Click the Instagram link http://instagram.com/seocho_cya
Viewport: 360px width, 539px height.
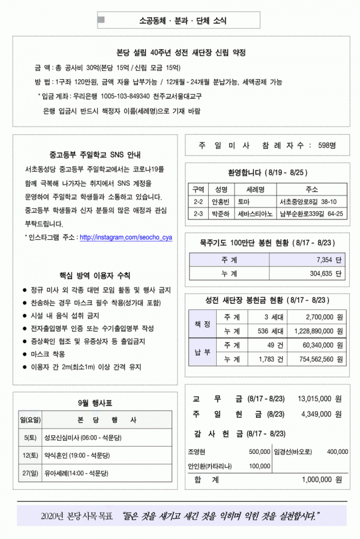(x=126, y=237)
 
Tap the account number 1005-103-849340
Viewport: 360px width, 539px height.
(x=125, y=96)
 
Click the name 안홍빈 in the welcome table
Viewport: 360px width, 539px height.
(x=220, y=201)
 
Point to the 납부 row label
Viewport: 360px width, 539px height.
(x=202, y=352)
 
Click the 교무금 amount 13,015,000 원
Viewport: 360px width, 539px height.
(x=319, y=398)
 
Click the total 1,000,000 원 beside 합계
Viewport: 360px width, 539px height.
(x=322, y=479)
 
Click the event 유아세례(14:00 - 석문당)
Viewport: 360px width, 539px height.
(x=77, y=473)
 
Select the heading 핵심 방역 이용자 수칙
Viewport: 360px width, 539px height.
(x=94, y=276)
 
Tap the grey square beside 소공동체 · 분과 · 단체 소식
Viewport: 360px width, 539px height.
(x=101, y=20)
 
